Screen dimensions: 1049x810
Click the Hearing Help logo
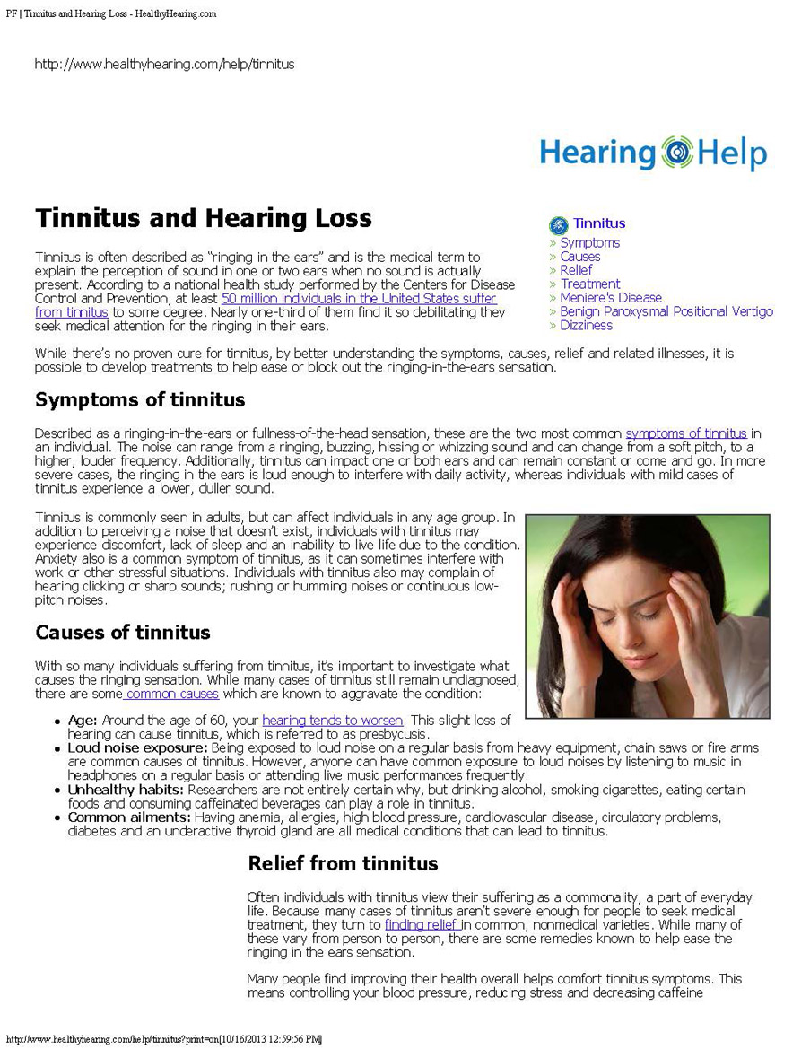coord(653,153)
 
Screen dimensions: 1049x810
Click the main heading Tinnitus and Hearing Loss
coord(204,218)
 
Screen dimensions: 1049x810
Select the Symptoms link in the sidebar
coord(589,242)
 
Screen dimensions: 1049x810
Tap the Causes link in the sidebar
coord(579,257)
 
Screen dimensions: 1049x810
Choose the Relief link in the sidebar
coord(576,270)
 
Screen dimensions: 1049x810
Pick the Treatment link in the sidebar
coord(589,284)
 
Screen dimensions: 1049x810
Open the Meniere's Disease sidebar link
coord(610,297)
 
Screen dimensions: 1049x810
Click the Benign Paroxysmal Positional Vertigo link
coord(666,311)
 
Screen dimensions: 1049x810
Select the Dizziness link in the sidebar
coord(586,325)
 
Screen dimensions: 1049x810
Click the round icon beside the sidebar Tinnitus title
coord(558,224)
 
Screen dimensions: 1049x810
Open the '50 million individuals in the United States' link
coord(359,298)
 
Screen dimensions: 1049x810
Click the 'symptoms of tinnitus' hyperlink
coord(686,433)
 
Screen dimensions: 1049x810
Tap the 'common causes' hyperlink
coord(172,694)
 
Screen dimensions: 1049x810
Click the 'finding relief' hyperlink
coord(422,924)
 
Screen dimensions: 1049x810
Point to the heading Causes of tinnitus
coord(123,632)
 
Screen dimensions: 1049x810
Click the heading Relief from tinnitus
coord(343,863)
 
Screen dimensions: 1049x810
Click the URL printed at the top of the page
coord(164,64)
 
